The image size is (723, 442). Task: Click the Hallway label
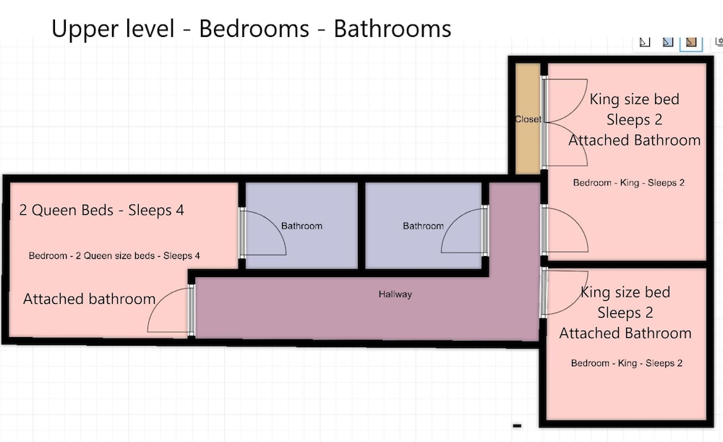[395, 294]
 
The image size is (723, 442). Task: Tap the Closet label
[528, 119]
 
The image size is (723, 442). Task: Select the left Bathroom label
[301, 226]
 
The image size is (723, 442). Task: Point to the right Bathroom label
[423, 226]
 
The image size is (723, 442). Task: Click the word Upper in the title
[85, 30]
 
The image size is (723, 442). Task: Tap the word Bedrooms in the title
[254, 29]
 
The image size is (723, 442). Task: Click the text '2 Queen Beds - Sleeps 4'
[101, 210]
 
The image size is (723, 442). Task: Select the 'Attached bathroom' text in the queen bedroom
[90, 299]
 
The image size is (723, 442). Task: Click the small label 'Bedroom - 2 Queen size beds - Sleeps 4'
[114, 255]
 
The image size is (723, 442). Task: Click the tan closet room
[528, 119]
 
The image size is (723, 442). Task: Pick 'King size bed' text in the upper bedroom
[635, 99]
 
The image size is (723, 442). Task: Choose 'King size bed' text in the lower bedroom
[625, 292]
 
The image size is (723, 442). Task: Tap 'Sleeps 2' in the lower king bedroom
[625, 313]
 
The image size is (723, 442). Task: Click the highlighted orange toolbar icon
[690, 42]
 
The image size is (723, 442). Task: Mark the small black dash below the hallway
[517, 425]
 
